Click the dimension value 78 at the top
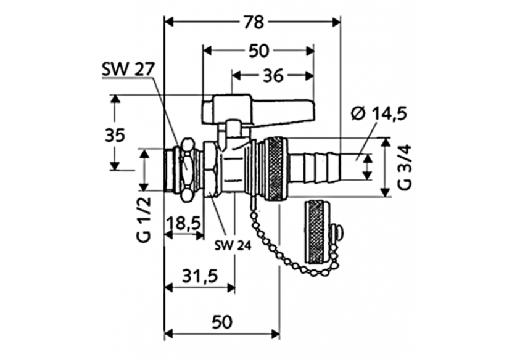[252, 23]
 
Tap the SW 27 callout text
[128, 70]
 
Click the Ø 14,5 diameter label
[381, 113]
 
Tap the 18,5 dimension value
[183, 223]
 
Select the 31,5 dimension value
[199, 276]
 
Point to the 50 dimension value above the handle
[258, 51]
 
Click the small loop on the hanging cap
[337, 234]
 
